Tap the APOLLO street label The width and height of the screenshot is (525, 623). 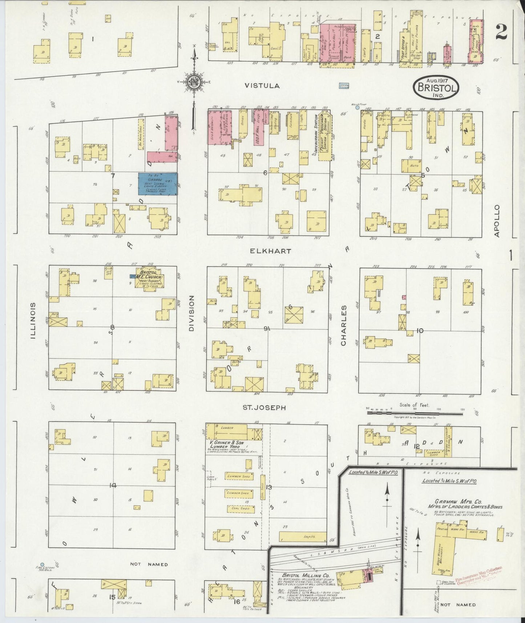tap(497, 221)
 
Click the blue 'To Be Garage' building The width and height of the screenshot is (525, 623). tap(158, 184)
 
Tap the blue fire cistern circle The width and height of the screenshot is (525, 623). tap(43, 565)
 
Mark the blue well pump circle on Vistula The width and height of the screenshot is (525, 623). tap(357, 108)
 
